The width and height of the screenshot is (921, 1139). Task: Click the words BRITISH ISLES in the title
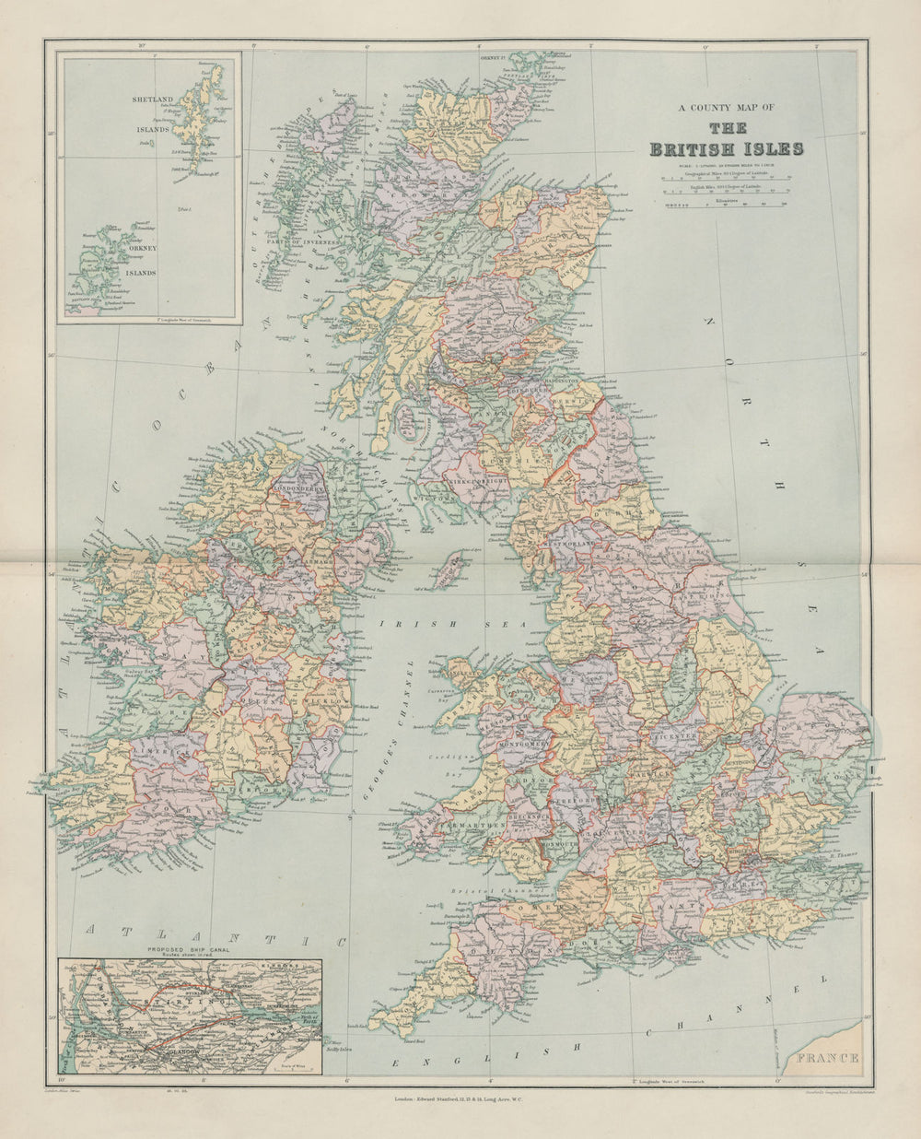click(x=727, y=149)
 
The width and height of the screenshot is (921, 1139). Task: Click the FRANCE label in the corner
click(x=830, y=1057)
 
